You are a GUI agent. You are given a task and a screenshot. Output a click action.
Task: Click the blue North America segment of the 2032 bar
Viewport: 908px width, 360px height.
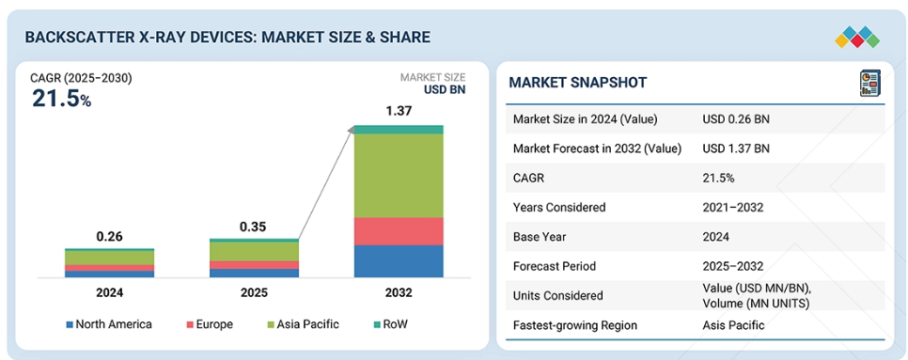[399, 261]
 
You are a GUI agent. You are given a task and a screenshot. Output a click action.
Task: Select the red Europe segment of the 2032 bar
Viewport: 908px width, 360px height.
[399, 231]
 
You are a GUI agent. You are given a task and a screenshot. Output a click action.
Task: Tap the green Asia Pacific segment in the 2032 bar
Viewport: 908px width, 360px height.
[399, 176]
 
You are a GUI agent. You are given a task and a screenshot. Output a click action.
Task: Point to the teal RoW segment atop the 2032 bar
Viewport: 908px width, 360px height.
[399, 129]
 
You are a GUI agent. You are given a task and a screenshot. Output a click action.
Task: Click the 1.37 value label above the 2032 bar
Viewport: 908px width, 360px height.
[399, 111]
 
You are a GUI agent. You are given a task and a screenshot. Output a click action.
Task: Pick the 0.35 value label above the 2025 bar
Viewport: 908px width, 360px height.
[253, 227]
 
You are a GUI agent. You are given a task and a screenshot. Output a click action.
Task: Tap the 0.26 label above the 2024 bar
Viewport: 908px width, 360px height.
[109, 237]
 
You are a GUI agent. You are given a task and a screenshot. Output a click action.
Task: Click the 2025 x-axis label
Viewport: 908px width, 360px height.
[254, 293]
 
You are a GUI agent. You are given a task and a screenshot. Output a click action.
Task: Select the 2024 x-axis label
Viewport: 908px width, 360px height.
[109, 293]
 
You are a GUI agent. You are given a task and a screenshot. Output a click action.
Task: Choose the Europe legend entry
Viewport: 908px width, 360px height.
[210, 324]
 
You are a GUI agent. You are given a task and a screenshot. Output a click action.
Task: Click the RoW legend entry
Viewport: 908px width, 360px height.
[391, 324]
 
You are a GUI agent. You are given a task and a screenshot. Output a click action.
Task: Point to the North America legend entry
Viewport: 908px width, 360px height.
[109, 324]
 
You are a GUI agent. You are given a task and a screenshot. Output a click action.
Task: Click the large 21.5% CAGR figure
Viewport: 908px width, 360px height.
[61, 99]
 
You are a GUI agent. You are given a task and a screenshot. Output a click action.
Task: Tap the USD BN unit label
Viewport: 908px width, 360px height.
[445, 89]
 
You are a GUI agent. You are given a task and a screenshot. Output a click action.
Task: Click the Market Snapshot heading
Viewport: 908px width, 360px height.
[577, 83]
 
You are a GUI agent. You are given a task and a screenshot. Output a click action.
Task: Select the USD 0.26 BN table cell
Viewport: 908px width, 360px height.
[736, 119]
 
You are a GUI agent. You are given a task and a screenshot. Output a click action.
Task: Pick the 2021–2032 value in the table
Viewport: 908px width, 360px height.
[732, 207]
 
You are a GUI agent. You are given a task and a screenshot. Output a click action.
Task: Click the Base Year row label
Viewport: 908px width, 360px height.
[540, 237]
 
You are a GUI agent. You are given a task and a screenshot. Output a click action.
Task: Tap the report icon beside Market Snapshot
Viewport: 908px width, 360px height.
[869, 83]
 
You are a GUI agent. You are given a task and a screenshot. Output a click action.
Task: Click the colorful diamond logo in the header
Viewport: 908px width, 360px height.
[857, 38]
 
